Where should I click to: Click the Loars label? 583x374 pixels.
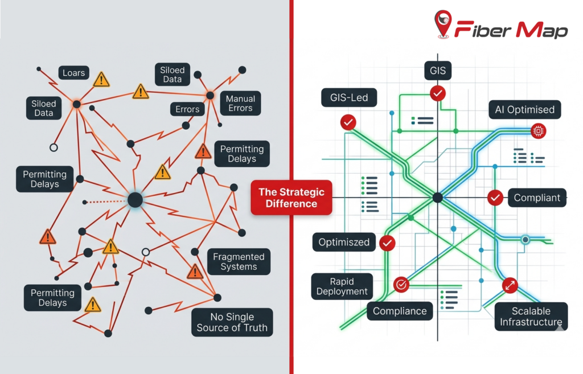pos(74,72)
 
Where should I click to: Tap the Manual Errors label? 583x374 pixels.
pos(240,104)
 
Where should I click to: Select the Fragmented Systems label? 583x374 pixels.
pos(239,261)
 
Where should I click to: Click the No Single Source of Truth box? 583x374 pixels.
pos(232,322)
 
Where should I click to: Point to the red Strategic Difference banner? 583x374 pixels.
pos(291,198)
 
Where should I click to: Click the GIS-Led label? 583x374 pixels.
pos(349,97)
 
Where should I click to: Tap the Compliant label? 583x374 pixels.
pos(537,198)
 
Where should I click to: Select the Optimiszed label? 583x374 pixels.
pos(344,242)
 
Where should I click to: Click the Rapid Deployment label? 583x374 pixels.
pos(342,286)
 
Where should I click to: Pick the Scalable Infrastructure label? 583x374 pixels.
pos(531,317)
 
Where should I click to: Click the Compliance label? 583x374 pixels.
pos(400,311)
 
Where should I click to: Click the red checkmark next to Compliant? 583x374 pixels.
pos(495,198)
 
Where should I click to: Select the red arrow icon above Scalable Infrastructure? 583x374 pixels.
pos(510,285)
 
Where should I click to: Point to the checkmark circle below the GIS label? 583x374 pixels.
pos(437,93)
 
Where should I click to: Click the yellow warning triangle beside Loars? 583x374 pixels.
pos(101,79)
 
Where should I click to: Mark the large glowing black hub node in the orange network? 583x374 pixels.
pos(135,200)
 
